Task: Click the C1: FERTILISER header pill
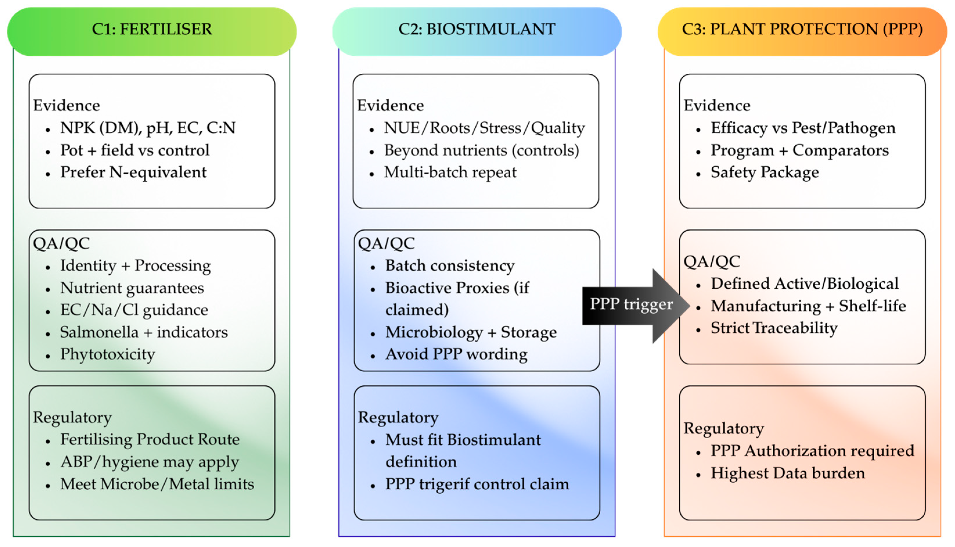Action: [152, 32]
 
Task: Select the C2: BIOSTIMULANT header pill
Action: [477, 32]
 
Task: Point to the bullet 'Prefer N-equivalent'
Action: [133, 172]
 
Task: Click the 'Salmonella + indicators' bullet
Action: [144, 332]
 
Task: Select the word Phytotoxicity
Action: [107, 354]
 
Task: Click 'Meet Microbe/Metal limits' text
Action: [157, 484]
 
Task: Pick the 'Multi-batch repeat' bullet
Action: [450, 172]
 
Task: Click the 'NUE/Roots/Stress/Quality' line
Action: [484, 128]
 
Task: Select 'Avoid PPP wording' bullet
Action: [456, 354]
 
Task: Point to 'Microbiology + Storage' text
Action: [471, 332]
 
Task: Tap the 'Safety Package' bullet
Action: [765, 172]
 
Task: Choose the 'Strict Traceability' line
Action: [774, 328]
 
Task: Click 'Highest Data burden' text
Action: [788, 473]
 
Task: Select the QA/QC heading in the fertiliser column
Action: [61, 243]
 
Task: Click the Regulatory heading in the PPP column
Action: [723, 429]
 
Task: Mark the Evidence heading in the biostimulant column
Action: [390, 106]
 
